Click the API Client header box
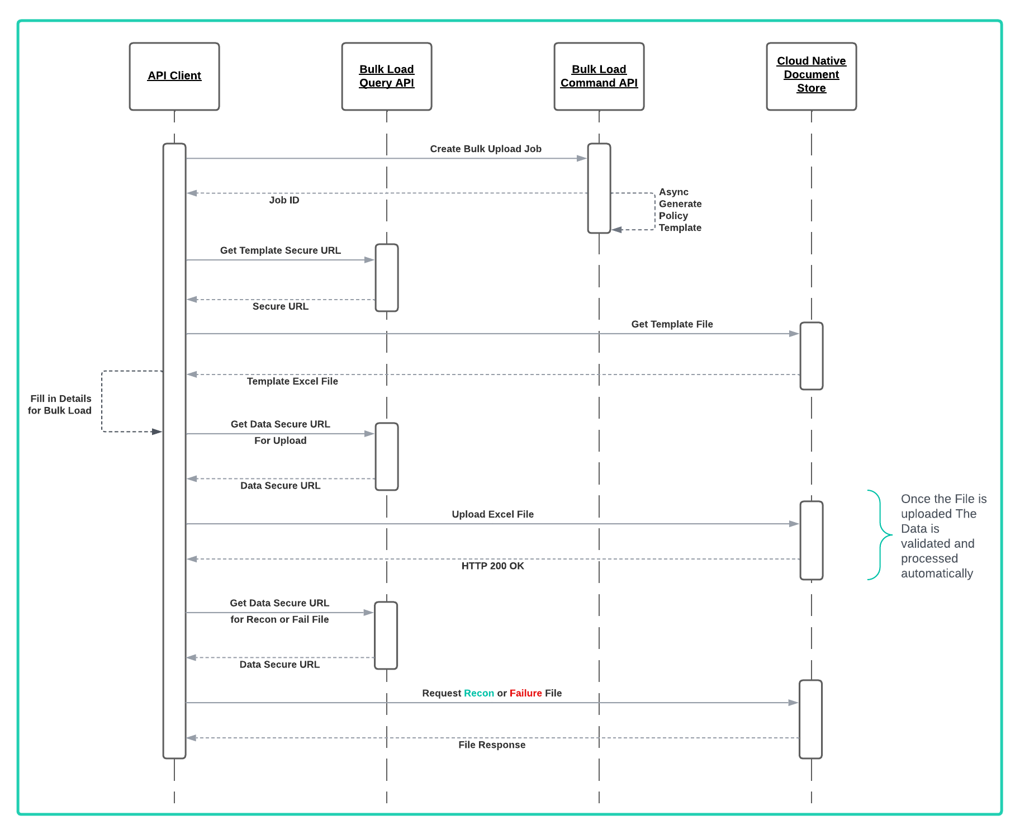coord(174,77)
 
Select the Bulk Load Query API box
coord(387,77)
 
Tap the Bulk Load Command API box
coord(599,77)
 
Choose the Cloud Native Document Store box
coord(812,77)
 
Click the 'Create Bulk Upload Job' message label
coord(486,149)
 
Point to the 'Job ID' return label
coord(284,200)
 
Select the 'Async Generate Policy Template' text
coord(680,210)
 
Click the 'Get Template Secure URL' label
coord(281,250)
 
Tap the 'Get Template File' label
coord(672,324)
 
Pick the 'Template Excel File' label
coord(292,381)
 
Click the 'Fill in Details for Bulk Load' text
coord(60,404)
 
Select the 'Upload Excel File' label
coord(492,514)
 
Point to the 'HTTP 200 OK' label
coord(492,566)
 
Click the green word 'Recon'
coord(479,693)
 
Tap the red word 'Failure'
coord(525,693)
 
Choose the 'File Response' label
coord(492,745)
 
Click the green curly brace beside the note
coord(880,535)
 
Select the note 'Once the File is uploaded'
coord(943,536)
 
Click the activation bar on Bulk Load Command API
coord(599,188)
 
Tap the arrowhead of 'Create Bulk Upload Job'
coord(582,159)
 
